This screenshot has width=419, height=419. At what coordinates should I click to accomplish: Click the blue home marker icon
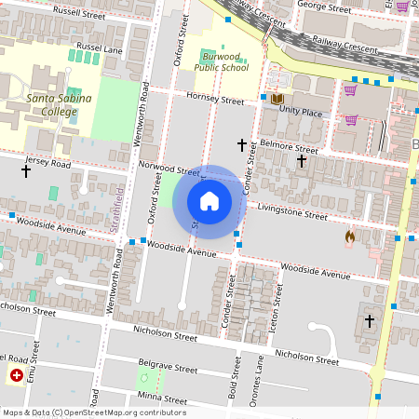point(209,200)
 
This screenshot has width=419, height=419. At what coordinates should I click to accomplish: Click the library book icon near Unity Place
point(277,99)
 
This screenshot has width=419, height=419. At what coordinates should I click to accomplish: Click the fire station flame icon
point(350,237)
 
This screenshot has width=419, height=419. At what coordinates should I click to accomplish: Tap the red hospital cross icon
point(17,375)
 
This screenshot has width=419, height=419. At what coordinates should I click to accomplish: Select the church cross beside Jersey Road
point(26,170)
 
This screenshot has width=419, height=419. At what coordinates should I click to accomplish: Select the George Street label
point(323,5)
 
